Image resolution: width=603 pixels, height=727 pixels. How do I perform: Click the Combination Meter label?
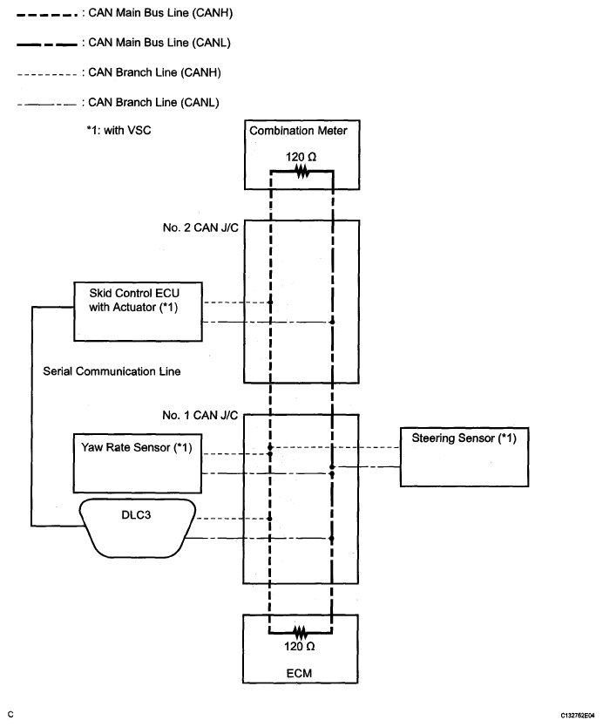(x=298, y=131)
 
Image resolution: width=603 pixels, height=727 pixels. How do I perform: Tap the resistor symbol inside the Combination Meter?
(x=302, y=172)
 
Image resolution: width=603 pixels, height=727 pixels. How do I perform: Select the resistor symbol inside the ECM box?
(x=300, y=631)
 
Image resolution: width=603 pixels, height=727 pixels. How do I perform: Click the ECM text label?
(x=300, y=673)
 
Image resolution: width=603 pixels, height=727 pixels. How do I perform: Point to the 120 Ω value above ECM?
(x=300, y=646)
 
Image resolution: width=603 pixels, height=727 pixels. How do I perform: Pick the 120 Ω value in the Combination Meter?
(x=301, y=157)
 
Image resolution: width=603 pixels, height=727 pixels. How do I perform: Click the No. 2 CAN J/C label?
(x=200, y=228)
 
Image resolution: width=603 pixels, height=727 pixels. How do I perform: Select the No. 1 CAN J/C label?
(x=200, y=416)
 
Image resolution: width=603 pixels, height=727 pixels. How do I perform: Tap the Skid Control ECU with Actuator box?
(x=139, y=311)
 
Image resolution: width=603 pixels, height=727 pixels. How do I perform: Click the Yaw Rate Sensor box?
(x=138, y=463)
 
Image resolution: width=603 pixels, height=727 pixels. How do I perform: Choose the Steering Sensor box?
(x=464, y=457)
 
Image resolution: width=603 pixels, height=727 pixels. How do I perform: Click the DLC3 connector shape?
(x=138, y=528)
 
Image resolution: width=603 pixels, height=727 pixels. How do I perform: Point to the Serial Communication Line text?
(x=112, y=371)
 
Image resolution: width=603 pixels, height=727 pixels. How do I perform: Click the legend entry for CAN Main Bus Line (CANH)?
(x=125, y=13)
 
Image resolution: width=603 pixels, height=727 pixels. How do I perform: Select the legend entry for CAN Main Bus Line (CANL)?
(x=124, y=43)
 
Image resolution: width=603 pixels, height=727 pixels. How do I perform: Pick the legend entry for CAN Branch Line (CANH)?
(x=119, y=73)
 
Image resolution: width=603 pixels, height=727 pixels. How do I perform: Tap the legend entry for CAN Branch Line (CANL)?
(x=119, y=103)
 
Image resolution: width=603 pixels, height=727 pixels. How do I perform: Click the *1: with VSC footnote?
(x=119, y=130)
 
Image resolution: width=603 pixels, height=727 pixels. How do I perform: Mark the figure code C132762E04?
(x=578, y=716)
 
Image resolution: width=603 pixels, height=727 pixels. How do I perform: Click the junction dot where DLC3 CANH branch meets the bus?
(x=270, y=519)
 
